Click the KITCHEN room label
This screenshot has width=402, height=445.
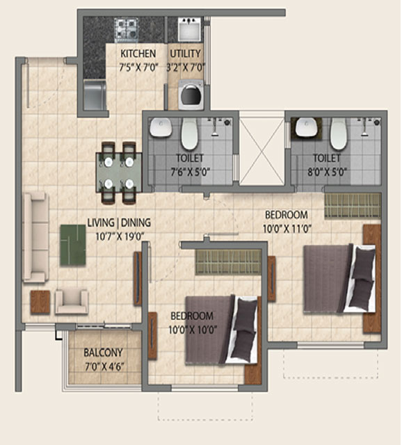point(138,54)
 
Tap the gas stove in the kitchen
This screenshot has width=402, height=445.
point(127,28)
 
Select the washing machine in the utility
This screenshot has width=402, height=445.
point(191,95)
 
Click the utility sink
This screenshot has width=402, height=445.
point(190,29)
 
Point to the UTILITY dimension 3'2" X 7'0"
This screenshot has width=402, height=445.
point(186,68)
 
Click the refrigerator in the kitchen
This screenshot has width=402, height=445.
point(95,95)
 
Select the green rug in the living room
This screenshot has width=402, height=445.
point(73,245)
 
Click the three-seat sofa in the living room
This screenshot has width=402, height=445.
point(35,238)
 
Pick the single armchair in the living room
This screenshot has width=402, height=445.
point(72,302)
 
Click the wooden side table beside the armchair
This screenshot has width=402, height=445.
point(40,302)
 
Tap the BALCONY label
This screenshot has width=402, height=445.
point(104,353)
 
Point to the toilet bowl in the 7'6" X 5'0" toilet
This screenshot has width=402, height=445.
point(189,134)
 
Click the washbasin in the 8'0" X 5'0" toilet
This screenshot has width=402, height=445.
point(306,128)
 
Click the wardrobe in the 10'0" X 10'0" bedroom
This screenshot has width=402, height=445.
point(228,262)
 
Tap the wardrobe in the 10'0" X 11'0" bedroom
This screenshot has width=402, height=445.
point(353,206)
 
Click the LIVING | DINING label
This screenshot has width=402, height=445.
point(119,222)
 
